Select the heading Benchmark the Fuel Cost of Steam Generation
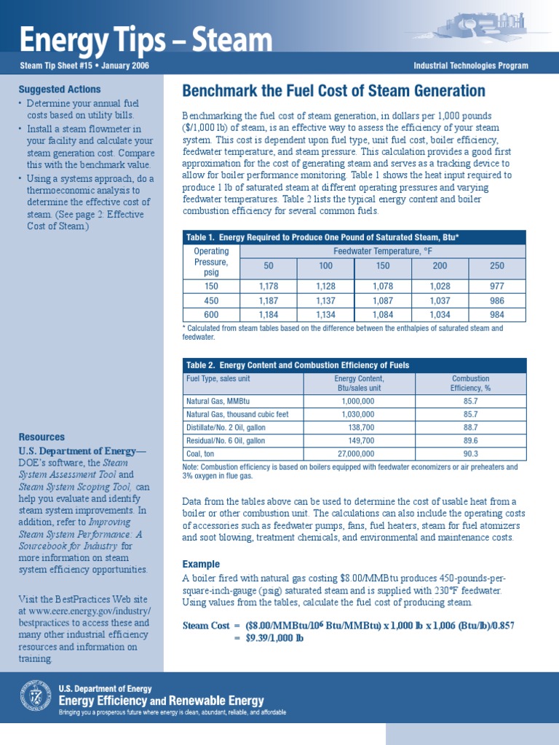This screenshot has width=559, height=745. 333,91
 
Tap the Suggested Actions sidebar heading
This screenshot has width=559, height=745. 60,89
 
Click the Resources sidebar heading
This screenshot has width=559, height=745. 41,437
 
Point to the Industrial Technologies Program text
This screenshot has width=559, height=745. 470,66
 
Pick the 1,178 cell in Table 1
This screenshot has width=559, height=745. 269,287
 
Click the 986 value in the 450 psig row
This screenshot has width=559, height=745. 496,300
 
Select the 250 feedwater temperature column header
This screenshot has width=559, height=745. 496,266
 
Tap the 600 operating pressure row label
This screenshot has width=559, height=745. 211,314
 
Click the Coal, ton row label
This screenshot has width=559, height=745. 202,454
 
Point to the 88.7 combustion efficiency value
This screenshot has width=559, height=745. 470,427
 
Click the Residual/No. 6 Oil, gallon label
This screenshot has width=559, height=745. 226,441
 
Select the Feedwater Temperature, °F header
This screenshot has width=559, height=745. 382,251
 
